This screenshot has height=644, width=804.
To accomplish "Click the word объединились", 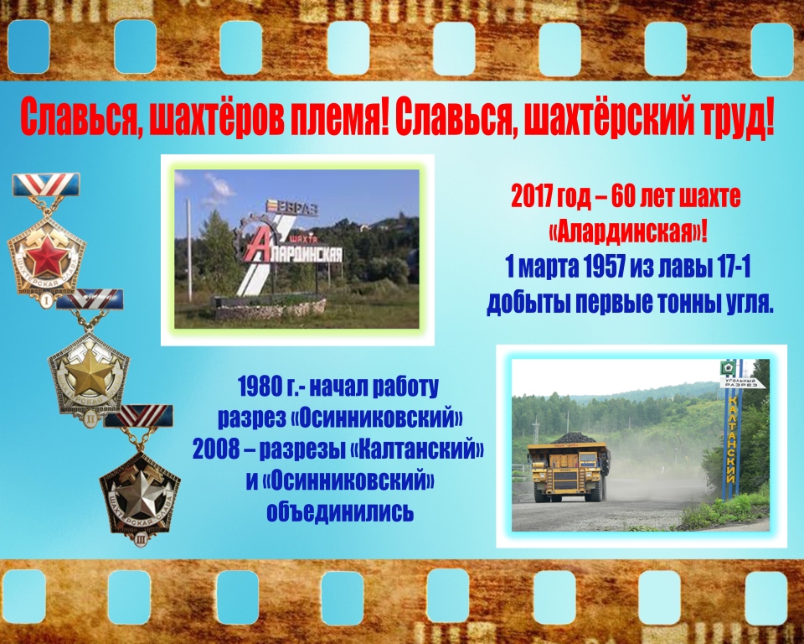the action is click(x=339, y=513).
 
